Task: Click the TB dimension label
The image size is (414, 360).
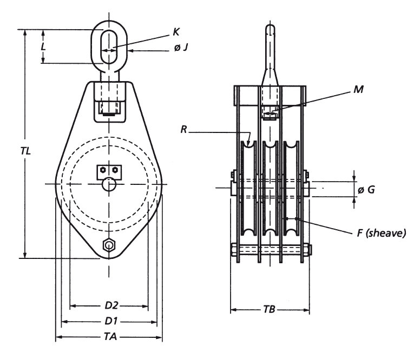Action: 270,311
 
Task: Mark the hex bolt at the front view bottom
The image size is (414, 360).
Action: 109,246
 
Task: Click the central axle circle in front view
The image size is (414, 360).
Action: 109,184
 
